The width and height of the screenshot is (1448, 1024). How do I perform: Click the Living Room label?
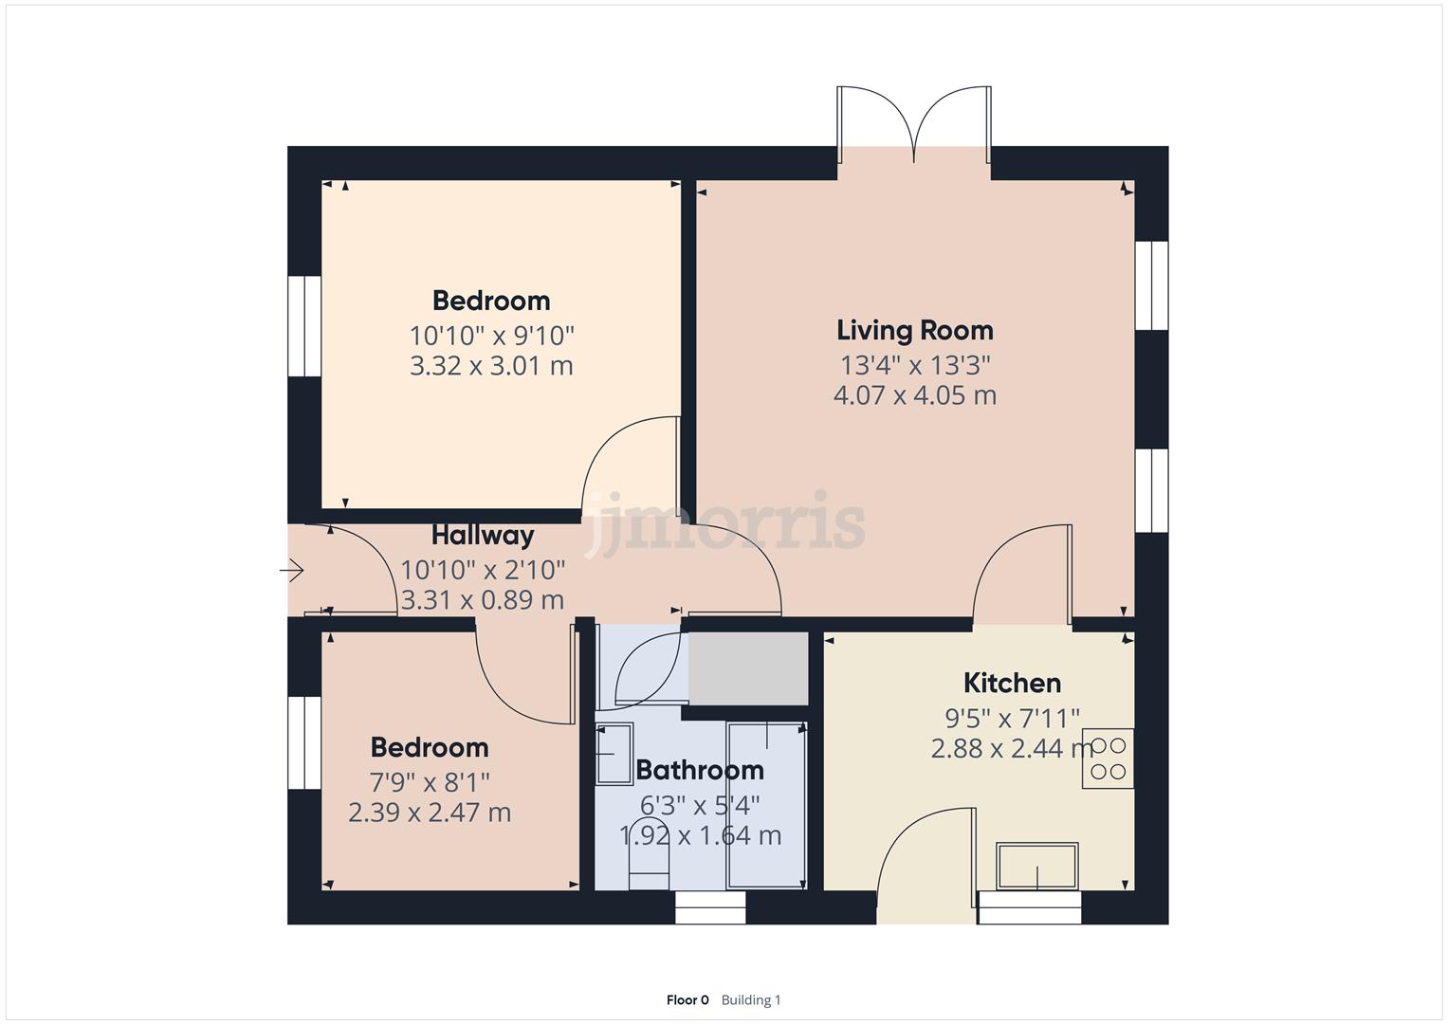click(914, 331)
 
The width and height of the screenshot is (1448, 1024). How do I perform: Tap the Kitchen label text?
click(1012, 683)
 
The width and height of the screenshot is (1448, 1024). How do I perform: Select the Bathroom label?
click(700, 770)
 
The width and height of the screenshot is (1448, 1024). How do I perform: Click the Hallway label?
click(483, 536)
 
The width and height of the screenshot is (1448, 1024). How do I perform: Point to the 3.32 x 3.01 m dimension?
click(491, 366)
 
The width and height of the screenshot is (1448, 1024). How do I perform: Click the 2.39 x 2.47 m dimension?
click(430, 813)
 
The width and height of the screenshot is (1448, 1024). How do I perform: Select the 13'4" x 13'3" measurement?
click(914, 365)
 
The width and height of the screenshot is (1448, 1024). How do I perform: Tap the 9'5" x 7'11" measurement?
click(1012, 718)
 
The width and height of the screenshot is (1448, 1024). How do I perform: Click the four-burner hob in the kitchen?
click(1108, 759)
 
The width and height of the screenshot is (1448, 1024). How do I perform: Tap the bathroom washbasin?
click(614, 754)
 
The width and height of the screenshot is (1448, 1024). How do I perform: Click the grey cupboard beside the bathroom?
click(747, 668)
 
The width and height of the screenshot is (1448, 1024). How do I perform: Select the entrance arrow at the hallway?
click(291, 571)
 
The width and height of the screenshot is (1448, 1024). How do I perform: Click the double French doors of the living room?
click(914, 123)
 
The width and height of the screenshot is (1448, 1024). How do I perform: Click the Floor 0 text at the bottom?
click(687, 1000)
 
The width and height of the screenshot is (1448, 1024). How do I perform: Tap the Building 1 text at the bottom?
click(751, 1000)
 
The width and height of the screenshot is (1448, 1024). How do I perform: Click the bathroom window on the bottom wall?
click(710, 907)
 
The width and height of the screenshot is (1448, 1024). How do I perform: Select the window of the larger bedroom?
click(304, 326)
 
